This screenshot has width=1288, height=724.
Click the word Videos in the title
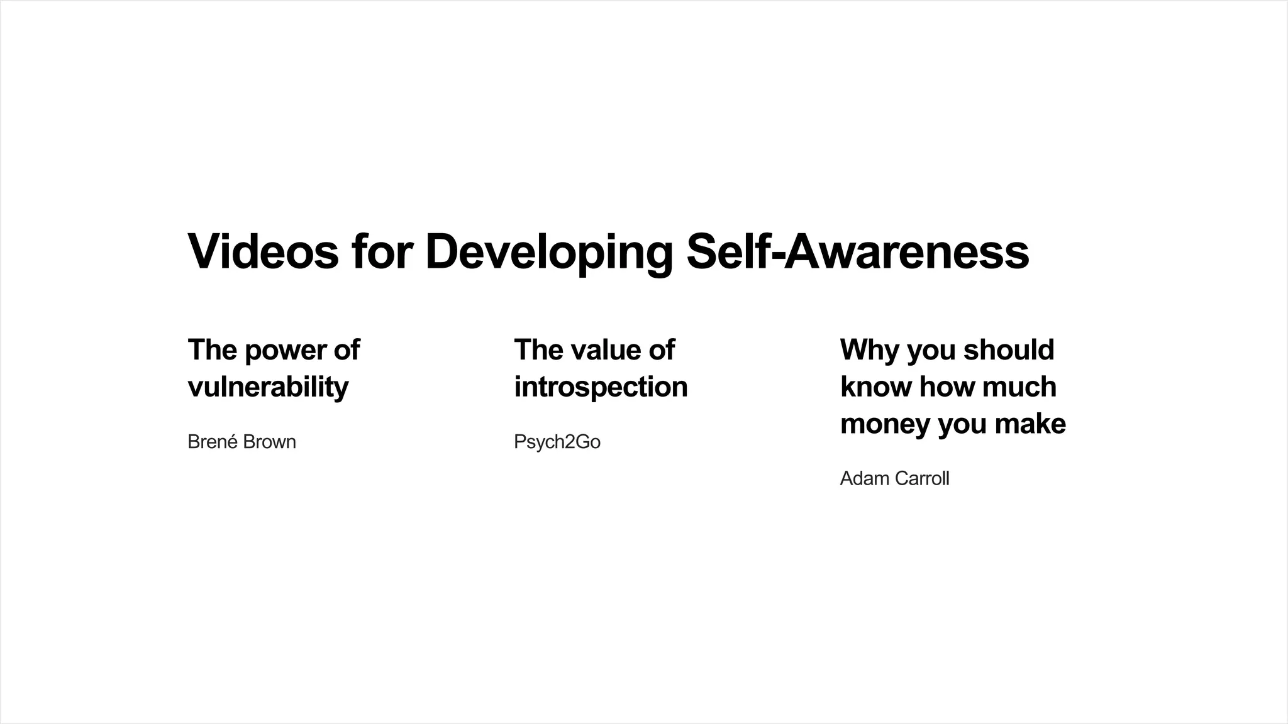(264, 251)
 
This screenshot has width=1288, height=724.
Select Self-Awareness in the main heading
(857, 251)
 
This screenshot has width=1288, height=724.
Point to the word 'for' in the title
(382, 251)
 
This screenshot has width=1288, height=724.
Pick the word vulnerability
(268, 387)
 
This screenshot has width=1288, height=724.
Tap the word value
(605, 350)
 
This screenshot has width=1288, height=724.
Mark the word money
(885, 424)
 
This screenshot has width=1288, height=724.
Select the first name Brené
(213, 442)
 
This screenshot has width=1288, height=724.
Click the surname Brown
(269, 442)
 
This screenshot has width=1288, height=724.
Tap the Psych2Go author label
(557, 442)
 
